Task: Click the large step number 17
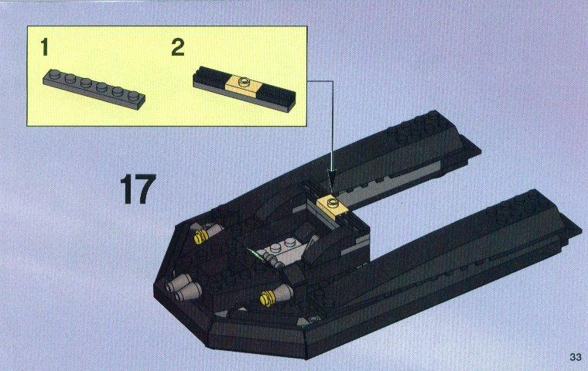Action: click(138, 189)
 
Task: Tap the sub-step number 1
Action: click(45, 47)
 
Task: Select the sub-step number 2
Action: click(178, 47)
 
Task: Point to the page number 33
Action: click(576, 357)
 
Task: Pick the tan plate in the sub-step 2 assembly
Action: click(243, 86)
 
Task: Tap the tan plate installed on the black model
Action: click(333, 205)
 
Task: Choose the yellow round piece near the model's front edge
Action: click(268, 298)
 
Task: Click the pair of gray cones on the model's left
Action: click(184, 288)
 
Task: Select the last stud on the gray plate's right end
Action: click(132, 96)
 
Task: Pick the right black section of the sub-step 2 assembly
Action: click(278, 97)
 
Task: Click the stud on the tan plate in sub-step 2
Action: click(245, 80)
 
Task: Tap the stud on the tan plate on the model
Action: click(332, 203)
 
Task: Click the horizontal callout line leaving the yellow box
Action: click(320, 80)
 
